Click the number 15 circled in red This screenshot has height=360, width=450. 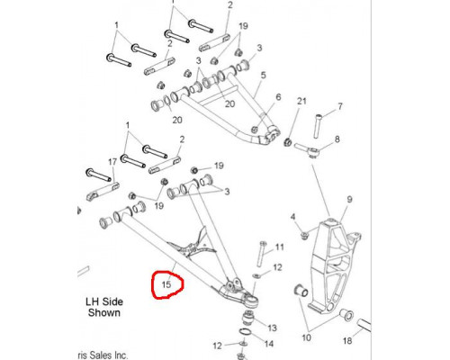(166, 284)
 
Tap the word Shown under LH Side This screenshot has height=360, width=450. (104, 312)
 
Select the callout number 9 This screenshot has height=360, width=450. (349, 200)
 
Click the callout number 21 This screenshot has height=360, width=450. (301, 101)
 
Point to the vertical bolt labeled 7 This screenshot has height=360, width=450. (318, 126)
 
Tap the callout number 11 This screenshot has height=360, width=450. (279, 247)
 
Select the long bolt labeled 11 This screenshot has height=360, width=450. (262, 254)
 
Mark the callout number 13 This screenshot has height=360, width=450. (272, 328)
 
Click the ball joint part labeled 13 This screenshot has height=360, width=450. (248, 319)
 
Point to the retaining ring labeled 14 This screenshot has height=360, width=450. (245, 333)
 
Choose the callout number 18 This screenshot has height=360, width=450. (347, 341)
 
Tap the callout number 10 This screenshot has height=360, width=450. (306, 337)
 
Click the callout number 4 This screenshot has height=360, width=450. (293, 217)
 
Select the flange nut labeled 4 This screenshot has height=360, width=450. (305, 236)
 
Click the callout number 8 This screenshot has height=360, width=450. (337, 139)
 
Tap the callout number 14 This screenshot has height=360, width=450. (269, 344)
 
